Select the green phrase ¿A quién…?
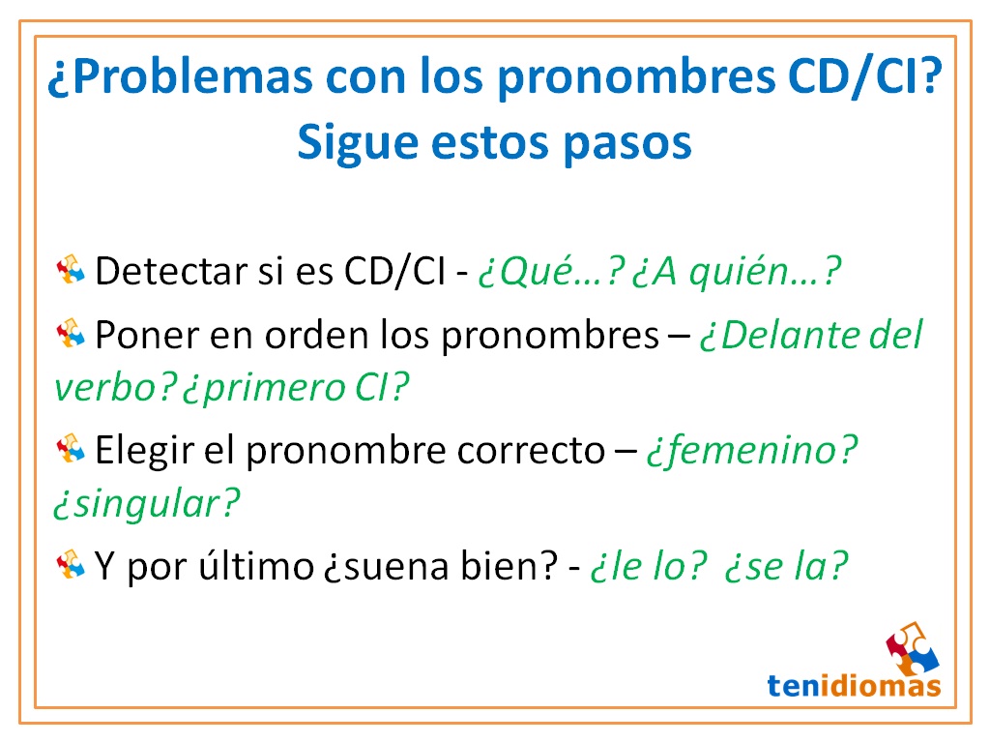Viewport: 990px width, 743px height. pyautogui.click(x=736, y=273)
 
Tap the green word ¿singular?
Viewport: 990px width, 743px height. pyautogui.click(x=146, y=503)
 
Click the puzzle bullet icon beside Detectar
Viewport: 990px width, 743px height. pyautogui.click(x=73, y=270)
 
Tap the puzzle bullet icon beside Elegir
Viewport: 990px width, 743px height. pyautogui.click(x=73, y=448)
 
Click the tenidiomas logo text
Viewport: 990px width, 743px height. pyautogui.click(x=854, y=685)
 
